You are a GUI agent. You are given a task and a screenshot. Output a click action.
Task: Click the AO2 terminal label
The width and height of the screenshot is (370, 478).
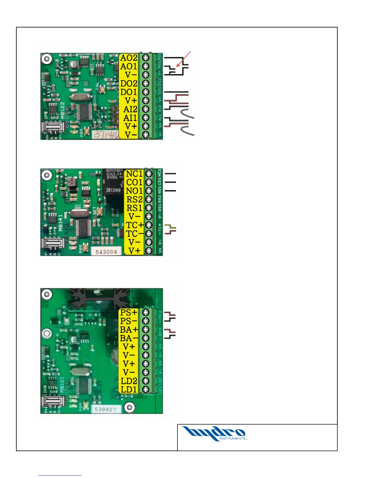pyautogui.click(x=129, y=58)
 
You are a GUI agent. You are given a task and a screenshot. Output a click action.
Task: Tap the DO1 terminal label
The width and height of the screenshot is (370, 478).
pyautogui.click(x=129, y=92)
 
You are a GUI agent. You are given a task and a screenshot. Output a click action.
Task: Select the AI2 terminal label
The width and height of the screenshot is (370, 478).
pyautogui.click(x=130, y=109)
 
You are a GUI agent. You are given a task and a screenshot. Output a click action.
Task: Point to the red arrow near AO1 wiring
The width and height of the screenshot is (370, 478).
pyautogui.click(x=183, y=59)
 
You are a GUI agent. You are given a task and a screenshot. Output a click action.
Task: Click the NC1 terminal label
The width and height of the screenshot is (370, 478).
pyautogui.click(x=134, y=174)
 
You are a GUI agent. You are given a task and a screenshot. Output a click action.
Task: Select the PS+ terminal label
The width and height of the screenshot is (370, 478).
pyautogui.click(x=129, y=313)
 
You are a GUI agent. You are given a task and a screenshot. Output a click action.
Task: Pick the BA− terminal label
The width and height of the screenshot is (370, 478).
pyautogui.click(x=129, y=338)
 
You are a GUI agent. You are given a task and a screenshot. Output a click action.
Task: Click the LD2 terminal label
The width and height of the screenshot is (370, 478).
pyautogui.click(x=129, y=381)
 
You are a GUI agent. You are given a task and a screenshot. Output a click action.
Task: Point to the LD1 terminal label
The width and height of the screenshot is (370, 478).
pyautogui.click(x=129, y=389)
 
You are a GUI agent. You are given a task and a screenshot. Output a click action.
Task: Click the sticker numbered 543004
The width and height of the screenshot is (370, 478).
pyautogui.click(x=106, y=251)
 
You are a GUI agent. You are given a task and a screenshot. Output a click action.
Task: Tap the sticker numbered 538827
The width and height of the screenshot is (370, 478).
pyautogui.click(x=106, y=409)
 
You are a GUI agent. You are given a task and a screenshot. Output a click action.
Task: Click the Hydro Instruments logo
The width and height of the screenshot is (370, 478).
pyautogui.click(x=215, y=434)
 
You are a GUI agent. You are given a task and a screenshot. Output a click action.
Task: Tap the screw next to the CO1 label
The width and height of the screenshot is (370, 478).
pyautogui.click(x=149, y=182)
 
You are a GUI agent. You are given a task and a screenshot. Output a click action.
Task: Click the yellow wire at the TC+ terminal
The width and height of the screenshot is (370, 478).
pyautogui.click(x=170, y=226)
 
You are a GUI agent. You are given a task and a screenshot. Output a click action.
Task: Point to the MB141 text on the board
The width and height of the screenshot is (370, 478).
pyautogui.click(x=61, y=223)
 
